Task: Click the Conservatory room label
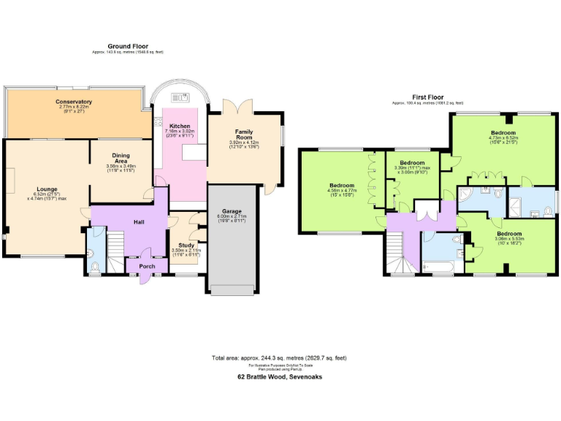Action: point(74,102)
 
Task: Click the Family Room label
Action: point(244,134)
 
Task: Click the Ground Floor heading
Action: point(128,46)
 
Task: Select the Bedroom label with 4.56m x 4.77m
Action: point(342,185)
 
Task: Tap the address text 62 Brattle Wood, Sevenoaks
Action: point(280,377)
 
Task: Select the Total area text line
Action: point(280,358)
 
